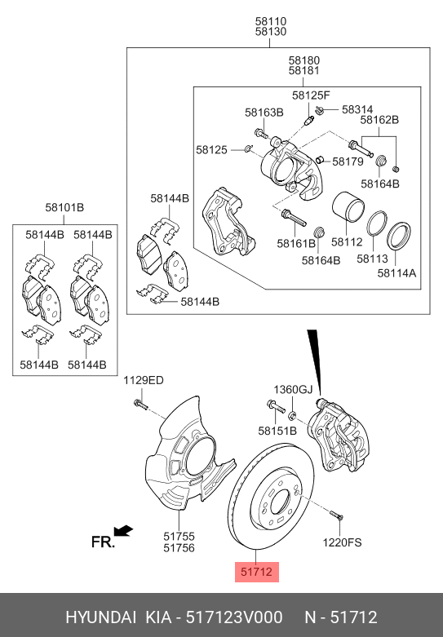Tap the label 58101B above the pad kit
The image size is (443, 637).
click(x=64, y=209)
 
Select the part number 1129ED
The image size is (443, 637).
click(x=143, y=381)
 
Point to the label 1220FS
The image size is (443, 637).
click(x=342, y=542)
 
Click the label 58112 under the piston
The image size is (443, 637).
click(x=346, y=242)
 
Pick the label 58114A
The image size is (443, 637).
click(x=396, y=274)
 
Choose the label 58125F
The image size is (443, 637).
click(x=311, y=95)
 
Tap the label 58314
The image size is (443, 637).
click(x=357, y=108)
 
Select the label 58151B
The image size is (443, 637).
click(x=277, y=430)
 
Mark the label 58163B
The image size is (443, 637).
click(x=264, y=112)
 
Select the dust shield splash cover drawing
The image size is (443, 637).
click(x=184, y=457)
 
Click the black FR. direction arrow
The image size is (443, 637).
click(x=123, y=532)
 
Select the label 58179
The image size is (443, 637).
click(x=348, y=161)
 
